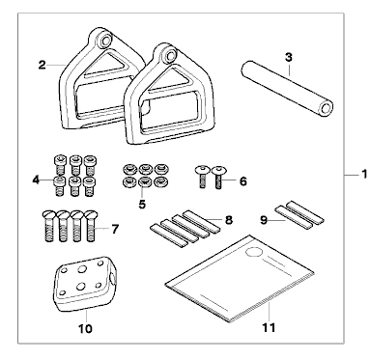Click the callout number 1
364,175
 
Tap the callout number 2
42,65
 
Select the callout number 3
289,58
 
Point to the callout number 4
36,180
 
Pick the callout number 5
142,204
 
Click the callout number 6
243,181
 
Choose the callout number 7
115,230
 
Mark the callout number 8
228,220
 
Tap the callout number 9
264,221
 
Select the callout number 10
85,329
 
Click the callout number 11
269,328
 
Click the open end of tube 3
325,108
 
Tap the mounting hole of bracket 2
105,40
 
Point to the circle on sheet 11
254,252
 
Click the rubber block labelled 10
84,284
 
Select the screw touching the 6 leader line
218,177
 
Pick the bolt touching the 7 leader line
92,226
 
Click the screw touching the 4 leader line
59,185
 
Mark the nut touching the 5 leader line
144,182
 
